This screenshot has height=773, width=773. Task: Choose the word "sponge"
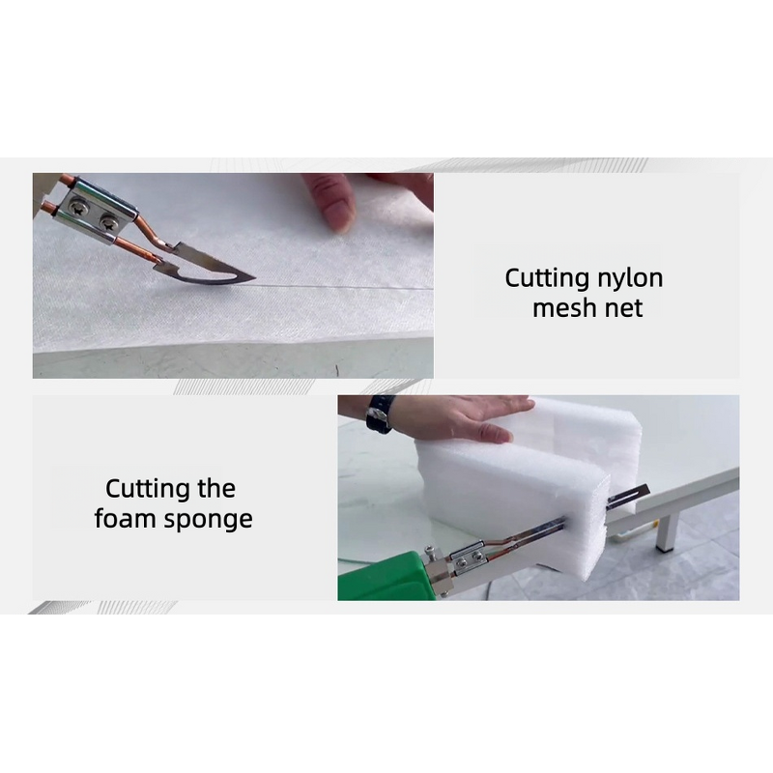pos(209,521)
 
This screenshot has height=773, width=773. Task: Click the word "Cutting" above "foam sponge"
pos(145,489)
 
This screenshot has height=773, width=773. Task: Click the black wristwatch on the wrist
pos(379,413)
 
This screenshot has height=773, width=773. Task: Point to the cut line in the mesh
pos(338,287)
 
